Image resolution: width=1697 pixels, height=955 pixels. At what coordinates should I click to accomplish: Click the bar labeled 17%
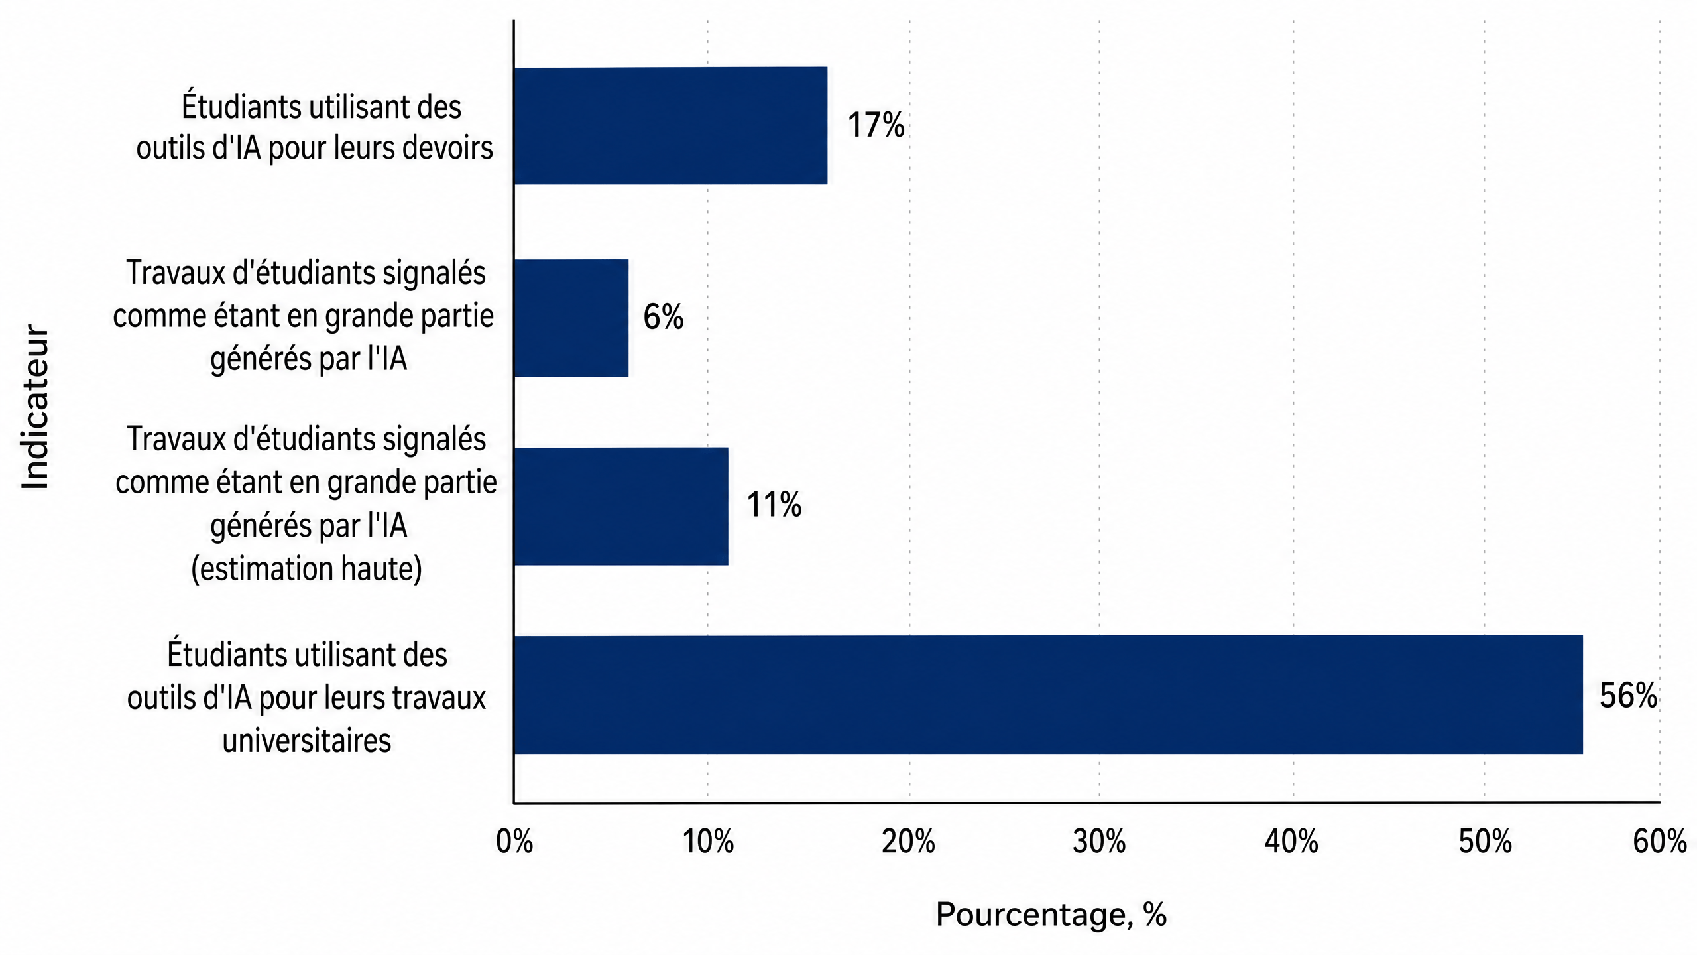671,125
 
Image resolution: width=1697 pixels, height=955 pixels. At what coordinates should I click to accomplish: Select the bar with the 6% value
571,318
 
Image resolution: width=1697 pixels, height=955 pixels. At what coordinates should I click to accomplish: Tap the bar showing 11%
621,507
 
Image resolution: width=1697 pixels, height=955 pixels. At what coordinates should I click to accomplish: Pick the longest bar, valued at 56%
1049,694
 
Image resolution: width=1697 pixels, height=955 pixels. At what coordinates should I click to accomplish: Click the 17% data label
876,125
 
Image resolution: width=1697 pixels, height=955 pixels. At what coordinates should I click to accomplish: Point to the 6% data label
663,317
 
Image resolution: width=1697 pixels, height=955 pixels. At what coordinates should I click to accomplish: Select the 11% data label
774,505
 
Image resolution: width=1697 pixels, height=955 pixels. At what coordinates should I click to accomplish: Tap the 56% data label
1628,696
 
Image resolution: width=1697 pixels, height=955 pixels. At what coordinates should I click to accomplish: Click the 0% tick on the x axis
514,842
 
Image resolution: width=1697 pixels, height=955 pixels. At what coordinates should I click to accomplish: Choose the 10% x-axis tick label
708,842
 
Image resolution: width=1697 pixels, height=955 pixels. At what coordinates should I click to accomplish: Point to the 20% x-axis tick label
908,842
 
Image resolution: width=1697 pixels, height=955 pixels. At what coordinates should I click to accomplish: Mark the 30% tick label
1099,842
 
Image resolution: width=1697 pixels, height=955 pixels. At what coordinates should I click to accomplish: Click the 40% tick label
1291,842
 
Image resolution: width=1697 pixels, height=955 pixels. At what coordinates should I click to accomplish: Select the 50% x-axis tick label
1485,842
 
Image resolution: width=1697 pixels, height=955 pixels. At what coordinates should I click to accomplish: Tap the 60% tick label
1660,842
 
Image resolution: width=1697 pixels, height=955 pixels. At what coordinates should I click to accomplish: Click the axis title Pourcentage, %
1051,915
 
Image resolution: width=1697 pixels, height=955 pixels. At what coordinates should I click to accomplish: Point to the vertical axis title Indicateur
35,407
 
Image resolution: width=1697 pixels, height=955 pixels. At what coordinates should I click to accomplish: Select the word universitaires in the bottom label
307,740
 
